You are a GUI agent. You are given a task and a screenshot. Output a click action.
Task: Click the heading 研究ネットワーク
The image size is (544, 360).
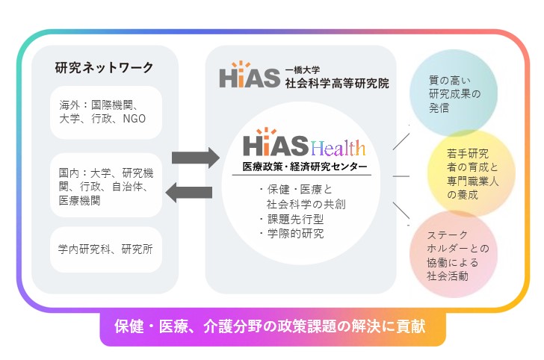[104, 67]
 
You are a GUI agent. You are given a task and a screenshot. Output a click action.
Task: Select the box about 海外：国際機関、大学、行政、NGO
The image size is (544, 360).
[106, 112]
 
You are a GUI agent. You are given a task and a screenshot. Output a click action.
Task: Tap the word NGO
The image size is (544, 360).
[135, 119]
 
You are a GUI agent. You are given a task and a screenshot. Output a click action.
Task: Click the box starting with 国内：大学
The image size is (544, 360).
[106, 185]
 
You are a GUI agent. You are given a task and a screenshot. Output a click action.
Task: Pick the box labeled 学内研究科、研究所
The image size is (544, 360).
[106, 249]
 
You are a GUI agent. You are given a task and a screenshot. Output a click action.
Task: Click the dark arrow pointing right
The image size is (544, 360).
[196, 158]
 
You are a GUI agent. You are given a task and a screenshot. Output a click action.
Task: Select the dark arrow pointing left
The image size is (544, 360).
[189, 193]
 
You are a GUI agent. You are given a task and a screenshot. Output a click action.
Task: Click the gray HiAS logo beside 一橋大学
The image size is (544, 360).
[250, 75]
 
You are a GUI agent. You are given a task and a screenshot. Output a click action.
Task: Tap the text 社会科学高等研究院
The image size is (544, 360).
[337, 83]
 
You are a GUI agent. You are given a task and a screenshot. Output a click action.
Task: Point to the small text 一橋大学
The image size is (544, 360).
[303, 70]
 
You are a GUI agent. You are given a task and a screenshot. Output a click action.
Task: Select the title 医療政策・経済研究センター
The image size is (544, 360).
[305, 167]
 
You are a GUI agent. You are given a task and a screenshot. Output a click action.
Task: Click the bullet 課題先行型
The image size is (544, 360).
[292, 219]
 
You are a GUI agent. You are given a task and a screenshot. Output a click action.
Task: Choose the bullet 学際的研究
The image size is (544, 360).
[292, 234]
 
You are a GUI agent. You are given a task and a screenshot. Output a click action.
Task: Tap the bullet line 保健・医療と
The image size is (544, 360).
[296, 190]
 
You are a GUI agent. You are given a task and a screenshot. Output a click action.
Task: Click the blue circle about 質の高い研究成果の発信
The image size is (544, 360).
[454, 93]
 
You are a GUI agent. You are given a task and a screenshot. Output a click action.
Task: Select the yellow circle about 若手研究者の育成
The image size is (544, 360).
[471, 173]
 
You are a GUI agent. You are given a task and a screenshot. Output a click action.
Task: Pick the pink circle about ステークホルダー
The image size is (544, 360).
[454, 254]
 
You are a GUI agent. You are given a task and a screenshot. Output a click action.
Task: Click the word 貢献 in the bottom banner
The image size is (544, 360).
[412, 326]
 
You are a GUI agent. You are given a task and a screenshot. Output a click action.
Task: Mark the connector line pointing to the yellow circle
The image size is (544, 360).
[401, 176]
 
